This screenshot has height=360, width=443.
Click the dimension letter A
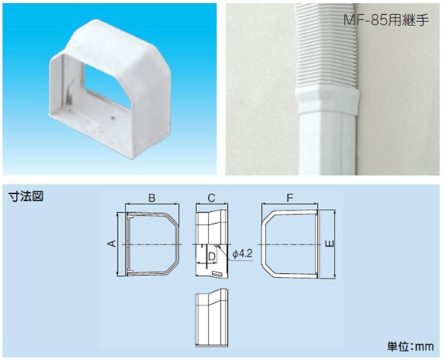pos(112,244)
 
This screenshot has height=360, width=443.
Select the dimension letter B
pos(152,198)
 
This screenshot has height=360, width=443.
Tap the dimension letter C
pos(211,198)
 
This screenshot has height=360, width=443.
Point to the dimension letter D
pos(212,256)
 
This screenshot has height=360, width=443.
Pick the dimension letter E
pos(330,244)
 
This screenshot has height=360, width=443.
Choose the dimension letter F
pos(290,198)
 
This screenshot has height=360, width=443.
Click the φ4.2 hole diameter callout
pos(242,254)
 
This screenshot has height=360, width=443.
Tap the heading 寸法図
pos(26,196)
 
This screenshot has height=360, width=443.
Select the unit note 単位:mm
pos(411,347)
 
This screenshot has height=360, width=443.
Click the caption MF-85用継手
pos(386,21)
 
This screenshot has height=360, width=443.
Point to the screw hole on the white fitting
pos(113,117)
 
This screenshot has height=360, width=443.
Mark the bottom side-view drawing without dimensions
pos(211,318)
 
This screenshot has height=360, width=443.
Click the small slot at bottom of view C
pos(217,274)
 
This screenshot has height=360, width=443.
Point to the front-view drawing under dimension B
pos(152,244)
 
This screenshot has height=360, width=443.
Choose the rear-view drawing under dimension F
pos(290,244)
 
